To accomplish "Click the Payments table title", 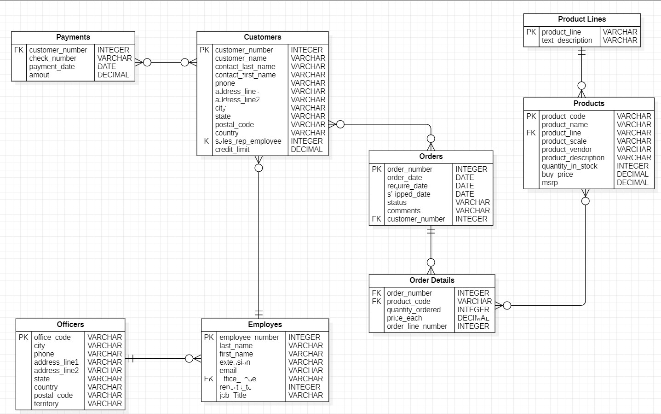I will [73, 37].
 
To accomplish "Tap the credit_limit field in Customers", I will [232, 150].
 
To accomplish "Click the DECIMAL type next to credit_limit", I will [307, 150].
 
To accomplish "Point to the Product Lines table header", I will [582, 19].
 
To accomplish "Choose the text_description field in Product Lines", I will [567, 41].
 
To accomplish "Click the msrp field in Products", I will [550, 183].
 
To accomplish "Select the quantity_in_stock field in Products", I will [569, 166].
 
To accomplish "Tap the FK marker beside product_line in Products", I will [531, 133].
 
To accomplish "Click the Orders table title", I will [431, 157].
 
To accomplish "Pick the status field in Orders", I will [397, 203].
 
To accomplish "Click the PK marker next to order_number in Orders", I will [377, 169].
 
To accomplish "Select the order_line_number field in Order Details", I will [417, 327].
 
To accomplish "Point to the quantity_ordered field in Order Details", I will [414, 310].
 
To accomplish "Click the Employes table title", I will [265, 325].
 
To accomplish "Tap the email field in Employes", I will [228, 371].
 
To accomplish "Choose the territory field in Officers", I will [46, 404].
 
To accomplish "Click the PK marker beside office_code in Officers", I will [23, 338].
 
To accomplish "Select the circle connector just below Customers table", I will [259, 168].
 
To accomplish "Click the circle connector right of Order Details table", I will [507, 306].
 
